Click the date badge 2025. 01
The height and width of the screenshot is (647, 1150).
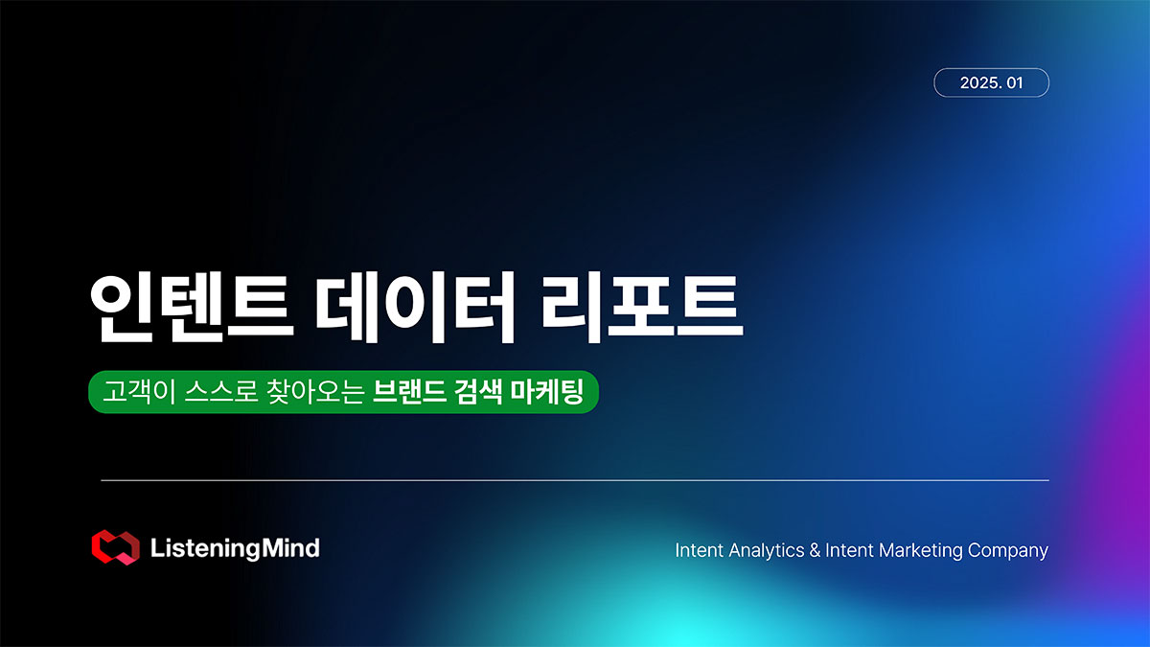point(991,82)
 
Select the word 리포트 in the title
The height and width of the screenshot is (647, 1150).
point(641,308)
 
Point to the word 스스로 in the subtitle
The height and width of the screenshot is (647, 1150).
point(221,392)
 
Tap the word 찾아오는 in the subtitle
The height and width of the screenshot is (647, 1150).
point(315,392)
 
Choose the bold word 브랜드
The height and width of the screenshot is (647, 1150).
point(409,392)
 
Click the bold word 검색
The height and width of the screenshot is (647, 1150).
point(477,392)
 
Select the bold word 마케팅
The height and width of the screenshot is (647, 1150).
point(547,392)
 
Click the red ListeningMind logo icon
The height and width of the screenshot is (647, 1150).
point(116,547)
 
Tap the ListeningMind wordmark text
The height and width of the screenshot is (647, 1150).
point(235,548)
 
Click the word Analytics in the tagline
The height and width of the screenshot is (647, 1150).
point(766,550)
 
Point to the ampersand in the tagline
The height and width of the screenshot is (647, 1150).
point(815,550)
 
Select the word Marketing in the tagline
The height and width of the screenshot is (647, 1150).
point(921,550)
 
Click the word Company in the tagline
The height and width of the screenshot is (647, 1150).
point(1008,550)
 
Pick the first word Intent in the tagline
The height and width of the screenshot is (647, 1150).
point(700,550)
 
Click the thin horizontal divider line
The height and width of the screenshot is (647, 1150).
point(575,480)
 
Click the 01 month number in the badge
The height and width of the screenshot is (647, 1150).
point(1015,82)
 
